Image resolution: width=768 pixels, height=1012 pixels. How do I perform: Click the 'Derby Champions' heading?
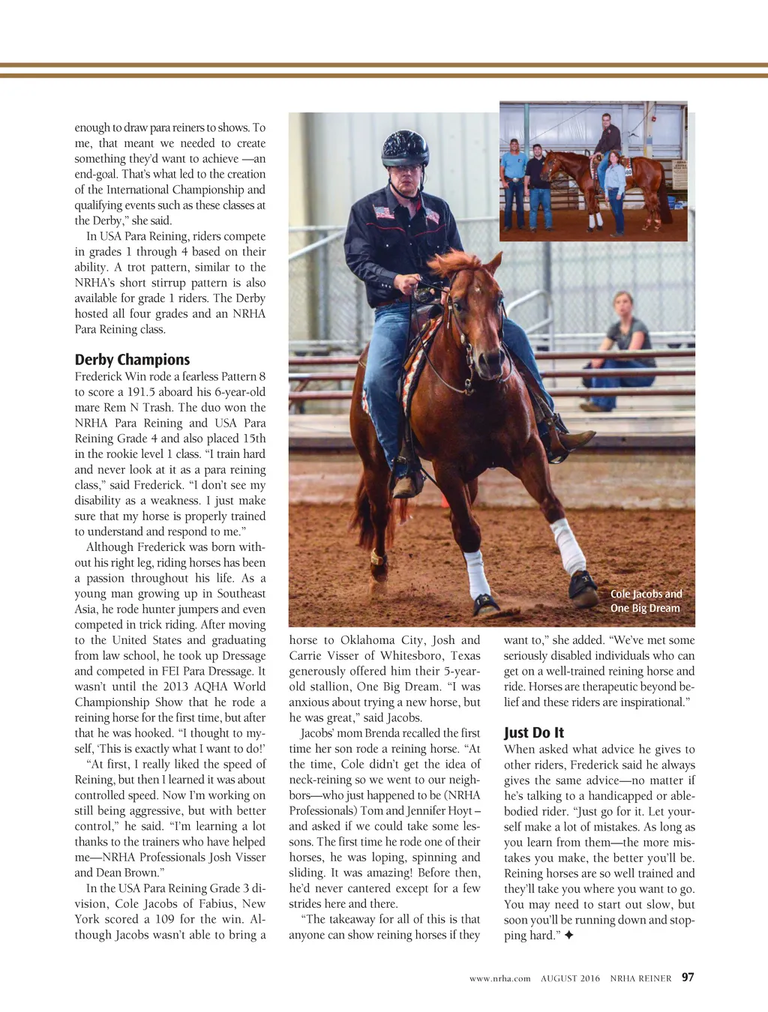[132, 360]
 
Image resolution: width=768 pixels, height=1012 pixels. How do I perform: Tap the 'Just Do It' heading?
[534, 732]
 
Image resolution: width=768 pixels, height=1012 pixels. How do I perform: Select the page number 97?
[688, 978]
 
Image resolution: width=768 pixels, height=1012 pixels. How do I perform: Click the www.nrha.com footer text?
[499, 978]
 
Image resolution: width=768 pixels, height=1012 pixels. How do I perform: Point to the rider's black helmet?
[405, 148]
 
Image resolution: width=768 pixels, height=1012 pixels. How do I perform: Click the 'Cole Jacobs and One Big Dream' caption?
[646, 601]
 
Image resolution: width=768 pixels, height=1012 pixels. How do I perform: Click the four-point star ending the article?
[568, 936]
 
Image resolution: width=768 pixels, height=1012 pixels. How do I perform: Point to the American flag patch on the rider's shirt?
[384, 211]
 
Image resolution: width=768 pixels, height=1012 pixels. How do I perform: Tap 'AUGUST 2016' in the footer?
[570, 978]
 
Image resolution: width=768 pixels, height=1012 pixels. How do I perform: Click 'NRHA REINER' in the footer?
[640, 978]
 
